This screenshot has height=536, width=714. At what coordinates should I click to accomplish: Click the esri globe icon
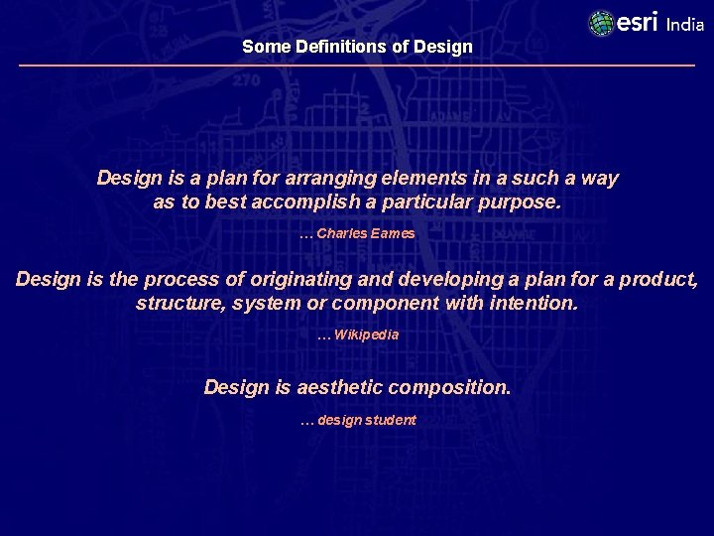(601, 23)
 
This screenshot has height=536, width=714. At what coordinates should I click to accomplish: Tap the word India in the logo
(685, 25)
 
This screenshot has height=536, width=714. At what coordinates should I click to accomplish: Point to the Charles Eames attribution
(357, 233)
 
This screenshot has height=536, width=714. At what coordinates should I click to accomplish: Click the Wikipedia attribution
(358, 335)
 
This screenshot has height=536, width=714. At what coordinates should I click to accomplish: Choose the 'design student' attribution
(358, 420)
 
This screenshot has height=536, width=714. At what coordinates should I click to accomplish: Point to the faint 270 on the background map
(245, 81)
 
